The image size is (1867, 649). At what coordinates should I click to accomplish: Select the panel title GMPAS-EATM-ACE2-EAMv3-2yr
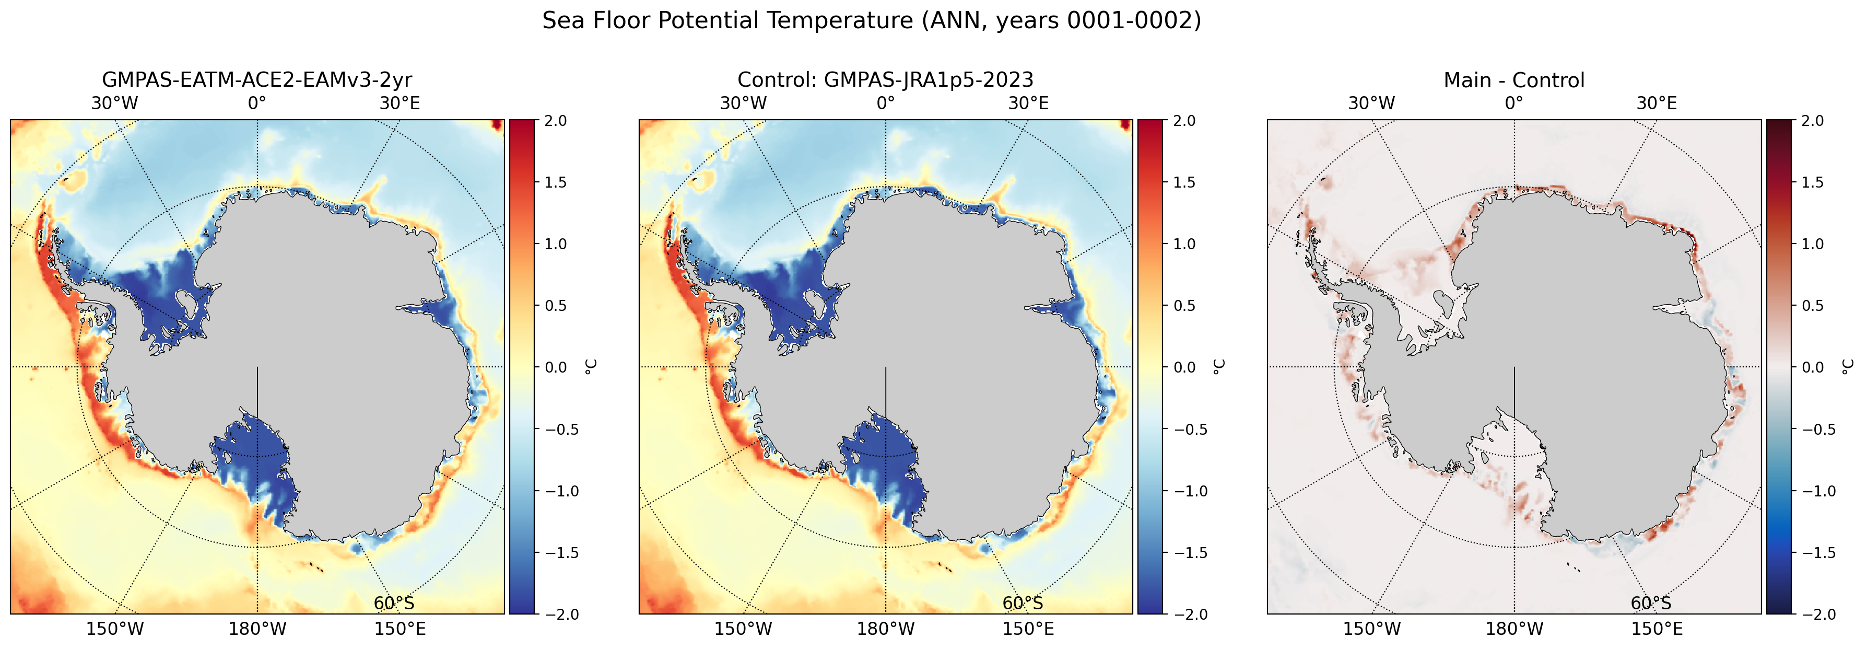[257, 80]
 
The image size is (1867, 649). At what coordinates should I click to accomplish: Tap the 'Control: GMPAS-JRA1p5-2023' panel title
[886, 80]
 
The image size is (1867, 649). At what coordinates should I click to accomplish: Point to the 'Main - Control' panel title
[1514, 80]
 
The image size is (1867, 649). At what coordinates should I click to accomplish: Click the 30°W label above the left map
[114, 103]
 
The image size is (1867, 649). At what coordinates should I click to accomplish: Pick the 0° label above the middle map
[886, 103]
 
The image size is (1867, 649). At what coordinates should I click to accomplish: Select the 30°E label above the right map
[1657, 103]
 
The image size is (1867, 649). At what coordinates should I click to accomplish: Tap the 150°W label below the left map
[114, 629]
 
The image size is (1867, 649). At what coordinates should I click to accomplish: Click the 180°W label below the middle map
[886, 629]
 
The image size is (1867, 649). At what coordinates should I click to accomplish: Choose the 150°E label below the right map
[1657, 629]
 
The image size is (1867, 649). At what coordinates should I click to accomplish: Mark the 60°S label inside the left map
[394, 604]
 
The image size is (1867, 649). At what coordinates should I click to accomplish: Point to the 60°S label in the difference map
[1651, 604]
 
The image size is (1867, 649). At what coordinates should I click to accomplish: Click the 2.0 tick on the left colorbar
[556, 120]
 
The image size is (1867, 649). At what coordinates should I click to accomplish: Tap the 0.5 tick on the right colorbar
[1813, 305]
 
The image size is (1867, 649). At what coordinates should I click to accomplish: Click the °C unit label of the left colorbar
[590, 367]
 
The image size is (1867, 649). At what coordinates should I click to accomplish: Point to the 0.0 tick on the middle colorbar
[1184, 367]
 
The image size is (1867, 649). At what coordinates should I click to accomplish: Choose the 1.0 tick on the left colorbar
[556, 244]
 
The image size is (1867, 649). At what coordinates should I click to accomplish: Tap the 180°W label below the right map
[1514, 629]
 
